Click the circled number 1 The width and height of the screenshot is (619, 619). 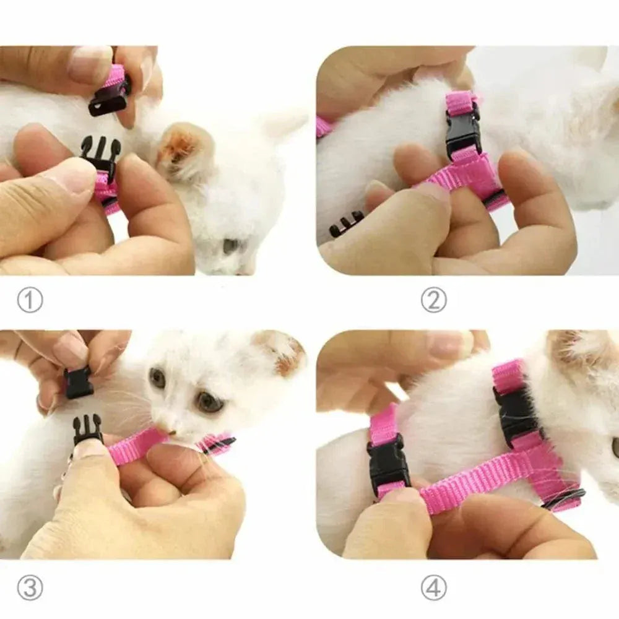click(30, 301)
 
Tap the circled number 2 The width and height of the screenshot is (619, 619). click(433, 301)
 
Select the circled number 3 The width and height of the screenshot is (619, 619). click(30, 587)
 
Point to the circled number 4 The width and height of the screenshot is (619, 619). click(433, 587)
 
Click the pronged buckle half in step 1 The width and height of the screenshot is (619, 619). click(101, 155)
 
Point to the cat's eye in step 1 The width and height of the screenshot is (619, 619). click(232, 246)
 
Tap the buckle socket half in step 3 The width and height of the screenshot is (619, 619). click(79, 383)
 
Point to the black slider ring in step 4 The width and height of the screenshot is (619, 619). click(563, 498)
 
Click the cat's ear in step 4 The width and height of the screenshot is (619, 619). click(573, 347)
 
